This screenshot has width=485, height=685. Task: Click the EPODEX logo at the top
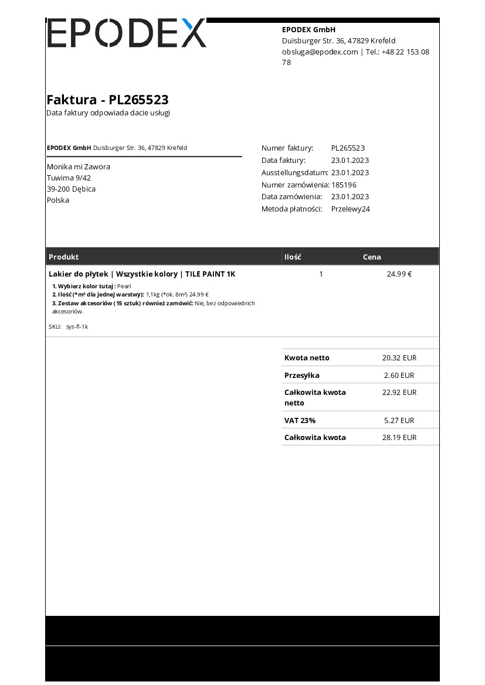point(126,33)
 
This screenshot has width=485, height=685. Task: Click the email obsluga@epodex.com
point(320,52)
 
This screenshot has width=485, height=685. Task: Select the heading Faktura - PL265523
point(107,100)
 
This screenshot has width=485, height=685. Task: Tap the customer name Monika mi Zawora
point(78,166)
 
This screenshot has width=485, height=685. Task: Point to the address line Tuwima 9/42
point(69,178)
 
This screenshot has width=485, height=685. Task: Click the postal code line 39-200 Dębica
point(71,189)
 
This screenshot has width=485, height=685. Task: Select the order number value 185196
point(344,185)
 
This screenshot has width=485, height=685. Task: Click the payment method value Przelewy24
point(350,209)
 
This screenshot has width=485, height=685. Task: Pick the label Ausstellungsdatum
point(294,172)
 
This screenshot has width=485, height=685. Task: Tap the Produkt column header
point(63,257)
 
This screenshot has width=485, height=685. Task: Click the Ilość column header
point(293,257)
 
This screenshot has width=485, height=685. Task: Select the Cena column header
point(372,257)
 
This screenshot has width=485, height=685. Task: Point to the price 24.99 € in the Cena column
point(399,274)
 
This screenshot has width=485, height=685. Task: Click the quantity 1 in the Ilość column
point(321,274)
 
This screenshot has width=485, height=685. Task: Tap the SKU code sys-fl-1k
point(77,326)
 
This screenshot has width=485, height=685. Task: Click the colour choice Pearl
point(124,286)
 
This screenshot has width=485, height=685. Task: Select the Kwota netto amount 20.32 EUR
point(399,357)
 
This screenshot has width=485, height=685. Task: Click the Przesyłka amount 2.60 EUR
point(399,375)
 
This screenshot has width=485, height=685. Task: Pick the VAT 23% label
point(300,420)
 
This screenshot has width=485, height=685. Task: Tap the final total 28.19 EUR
point(399,437)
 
